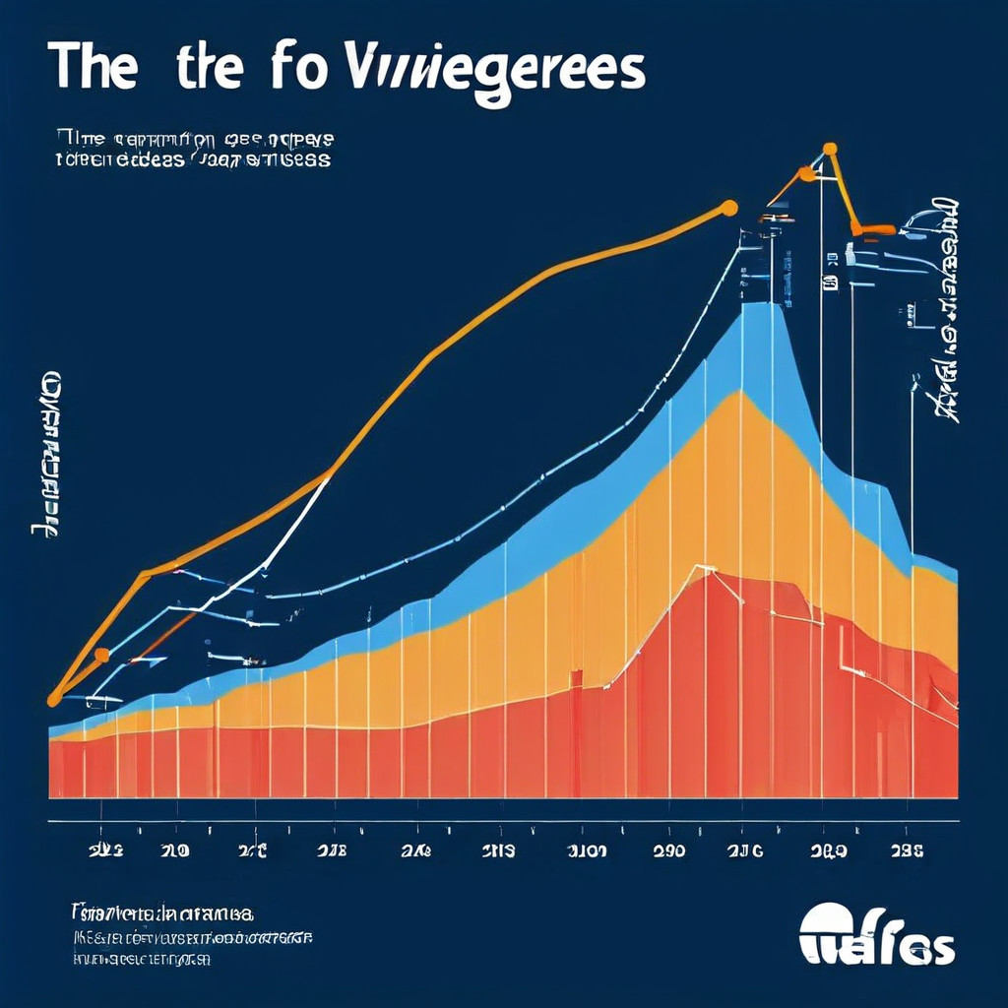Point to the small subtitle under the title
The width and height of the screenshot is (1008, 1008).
(x=193, y=148)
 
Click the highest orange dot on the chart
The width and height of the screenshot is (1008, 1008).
(x=830, y=149)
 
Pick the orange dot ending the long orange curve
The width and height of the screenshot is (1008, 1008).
(x=728, y=207)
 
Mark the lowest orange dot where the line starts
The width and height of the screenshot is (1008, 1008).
(x=54, y=699)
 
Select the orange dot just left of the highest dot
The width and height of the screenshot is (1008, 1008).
(x=807, y=174)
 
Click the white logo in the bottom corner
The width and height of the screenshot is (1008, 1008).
(x=876, y=935)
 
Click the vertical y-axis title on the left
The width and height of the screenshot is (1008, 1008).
(x=45, y=453)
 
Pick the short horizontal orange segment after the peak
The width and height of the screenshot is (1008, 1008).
(x=873, y=229)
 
